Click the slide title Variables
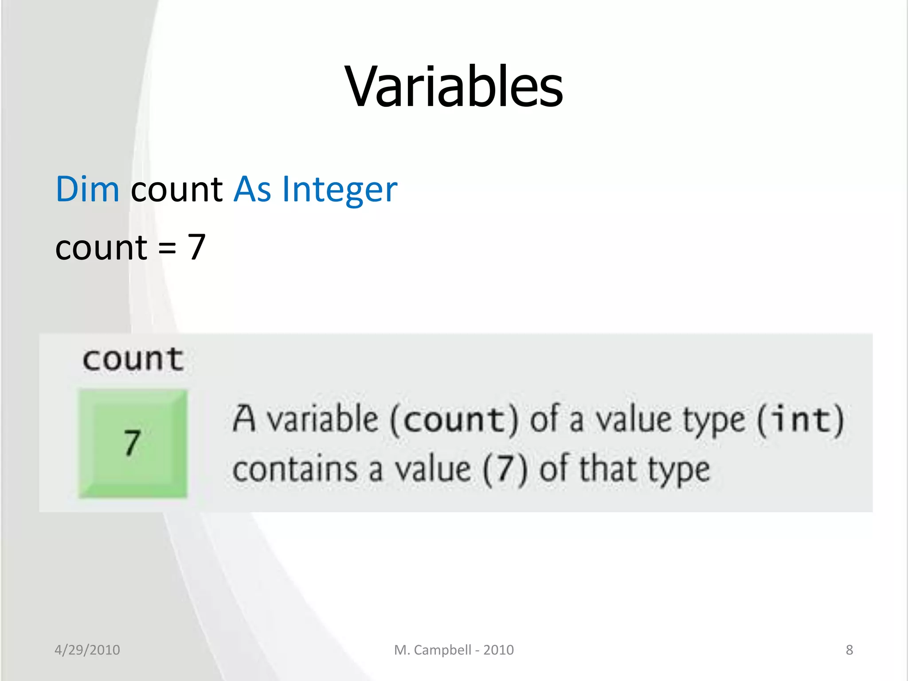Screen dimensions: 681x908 point(454,86)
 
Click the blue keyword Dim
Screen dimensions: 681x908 point(87,189)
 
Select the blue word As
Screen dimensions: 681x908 point(252,189)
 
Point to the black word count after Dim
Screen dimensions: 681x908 point(176,189)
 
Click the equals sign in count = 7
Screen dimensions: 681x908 point(167,248)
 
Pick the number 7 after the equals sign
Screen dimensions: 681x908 point(196,247)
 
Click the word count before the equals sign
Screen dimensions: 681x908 point(101,248)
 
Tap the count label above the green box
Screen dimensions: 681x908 point(133,359)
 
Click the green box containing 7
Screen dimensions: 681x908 point(133,443)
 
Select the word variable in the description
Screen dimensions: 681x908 point(323,419)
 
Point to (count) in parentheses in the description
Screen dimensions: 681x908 point(454,419)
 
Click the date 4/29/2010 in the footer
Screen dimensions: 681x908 point(87,650)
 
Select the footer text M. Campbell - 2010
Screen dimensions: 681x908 point(454,650)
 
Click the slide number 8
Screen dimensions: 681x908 point(849,650)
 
